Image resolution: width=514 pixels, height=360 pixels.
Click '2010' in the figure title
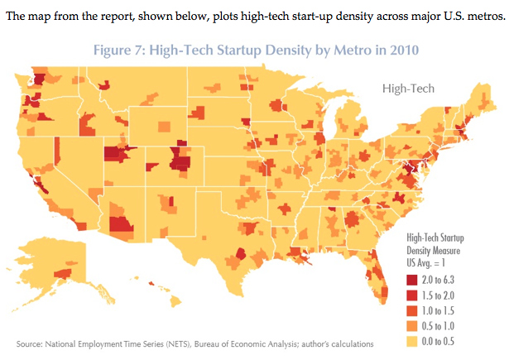[x=402, y=50]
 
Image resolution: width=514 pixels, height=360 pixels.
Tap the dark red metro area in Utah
[x=113, y=154]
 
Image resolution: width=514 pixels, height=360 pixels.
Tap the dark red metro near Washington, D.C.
[x=409, y=174]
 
